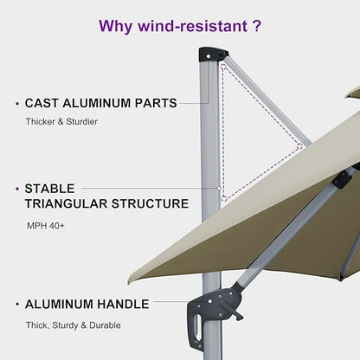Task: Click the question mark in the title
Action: coord(256,26)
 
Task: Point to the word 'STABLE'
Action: coord(49,187)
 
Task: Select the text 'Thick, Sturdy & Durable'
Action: coord(73,325)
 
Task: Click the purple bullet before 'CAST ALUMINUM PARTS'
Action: coord(17,103)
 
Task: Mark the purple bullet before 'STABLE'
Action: coord(17,187)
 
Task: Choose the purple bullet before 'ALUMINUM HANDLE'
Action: coord(17,305)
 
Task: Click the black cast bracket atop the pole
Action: coord(211,55)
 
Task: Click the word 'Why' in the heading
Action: coord(116,26)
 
